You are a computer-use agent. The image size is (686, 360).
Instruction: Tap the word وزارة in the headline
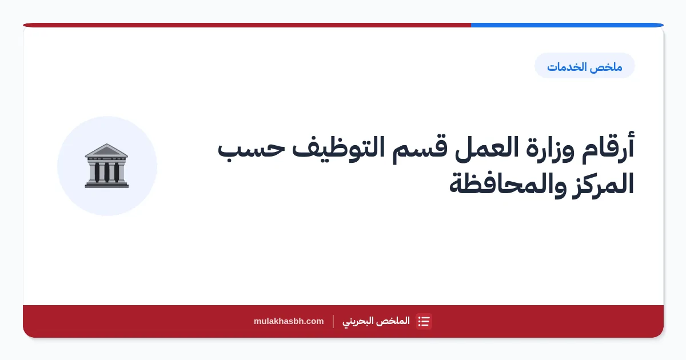point(550,149)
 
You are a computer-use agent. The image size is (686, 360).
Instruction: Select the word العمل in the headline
point(486,149)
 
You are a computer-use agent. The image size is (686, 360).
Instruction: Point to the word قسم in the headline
point(420,150)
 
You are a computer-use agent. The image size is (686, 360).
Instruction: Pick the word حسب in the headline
point(251,149)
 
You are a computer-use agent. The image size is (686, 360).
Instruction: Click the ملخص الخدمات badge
point(584,66)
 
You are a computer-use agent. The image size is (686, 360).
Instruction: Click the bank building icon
point(106,166)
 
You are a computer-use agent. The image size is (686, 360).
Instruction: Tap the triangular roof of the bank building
point(106,150)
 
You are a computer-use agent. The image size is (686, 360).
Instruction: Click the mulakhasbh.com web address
point(289,321)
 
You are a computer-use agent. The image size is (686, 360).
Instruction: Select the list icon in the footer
point(424,321)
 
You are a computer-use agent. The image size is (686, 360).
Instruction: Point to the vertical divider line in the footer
point(333,321)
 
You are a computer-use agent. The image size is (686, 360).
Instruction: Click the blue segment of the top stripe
point(567,25)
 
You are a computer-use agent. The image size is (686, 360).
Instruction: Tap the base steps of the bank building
point(106,185)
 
